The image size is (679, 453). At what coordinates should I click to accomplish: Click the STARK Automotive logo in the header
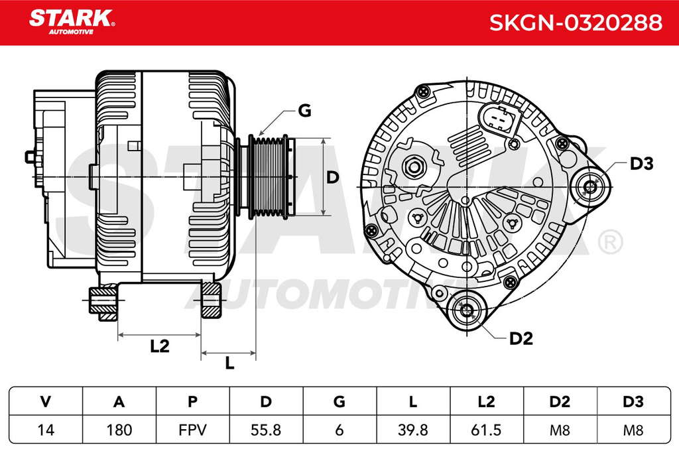coord(72,22)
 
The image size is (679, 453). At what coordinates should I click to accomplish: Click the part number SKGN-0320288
coord(576,23)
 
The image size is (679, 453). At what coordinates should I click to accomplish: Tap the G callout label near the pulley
coord(305,111)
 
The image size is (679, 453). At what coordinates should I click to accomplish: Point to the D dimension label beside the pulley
coord(332,177)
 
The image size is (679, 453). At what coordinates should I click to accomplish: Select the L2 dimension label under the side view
coord(159,346)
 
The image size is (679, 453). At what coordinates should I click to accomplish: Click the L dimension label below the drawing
coord(229,363)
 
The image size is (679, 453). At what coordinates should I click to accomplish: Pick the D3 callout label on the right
coord(641,164)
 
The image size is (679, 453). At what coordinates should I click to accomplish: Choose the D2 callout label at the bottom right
coord(521,338)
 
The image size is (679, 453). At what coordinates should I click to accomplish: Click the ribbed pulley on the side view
coord(269,177)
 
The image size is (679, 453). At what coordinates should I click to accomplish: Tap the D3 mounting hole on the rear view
coord(590,187)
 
